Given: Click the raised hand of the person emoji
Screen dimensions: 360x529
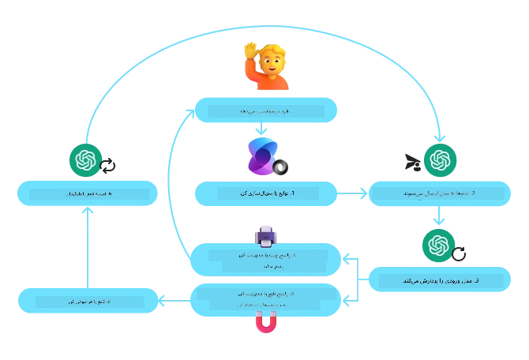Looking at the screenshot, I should pos(250,51).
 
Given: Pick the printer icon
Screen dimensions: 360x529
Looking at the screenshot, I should pos(265,234).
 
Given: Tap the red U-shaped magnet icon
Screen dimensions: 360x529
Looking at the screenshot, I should pos(266,323).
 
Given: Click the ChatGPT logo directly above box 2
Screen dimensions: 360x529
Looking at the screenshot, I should pos(441,161).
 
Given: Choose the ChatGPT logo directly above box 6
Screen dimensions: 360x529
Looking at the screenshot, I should pos(84,161).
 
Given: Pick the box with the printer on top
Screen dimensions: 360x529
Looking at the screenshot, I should pos(265,260).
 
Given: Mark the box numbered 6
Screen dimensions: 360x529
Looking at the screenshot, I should pos(84,193).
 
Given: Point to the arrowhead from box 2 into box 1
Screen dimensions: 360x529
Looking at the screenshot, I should pos(342,193).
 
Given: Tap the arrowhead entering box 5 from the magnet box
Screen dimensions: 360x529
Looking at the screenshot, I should pos(162,300).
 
